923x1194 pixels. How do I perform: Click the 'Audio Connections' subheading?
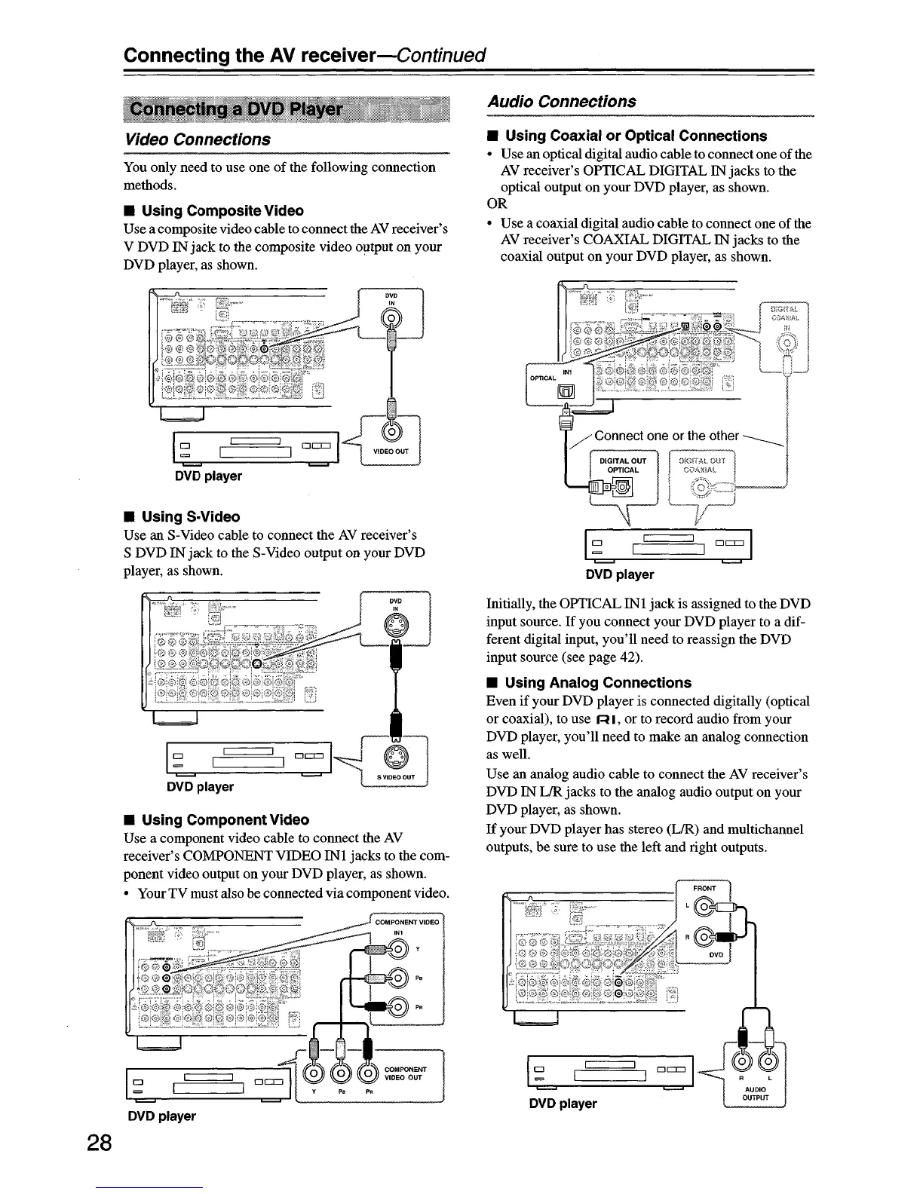(561, 101)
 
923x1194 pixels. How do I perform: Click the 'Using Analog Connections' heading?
(597, 683)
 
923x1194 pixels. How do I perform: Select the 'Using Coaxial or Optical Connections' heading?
(635, 136)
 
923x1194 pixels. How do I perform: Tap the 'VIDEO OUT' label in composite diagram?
(391, 452)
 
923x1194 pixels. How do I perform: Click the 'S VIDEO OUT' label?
(397, 777)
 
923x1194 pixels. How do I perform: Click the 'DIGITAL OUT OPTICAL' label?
(622, 465)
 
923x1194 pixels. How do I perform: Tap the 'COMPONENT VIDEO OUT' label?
(405, 1073)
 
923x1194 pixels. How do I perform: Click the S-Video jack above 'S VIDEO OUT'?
(396, 755)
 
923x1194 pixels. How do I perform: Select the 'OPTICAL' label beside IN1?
(543, 377)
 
